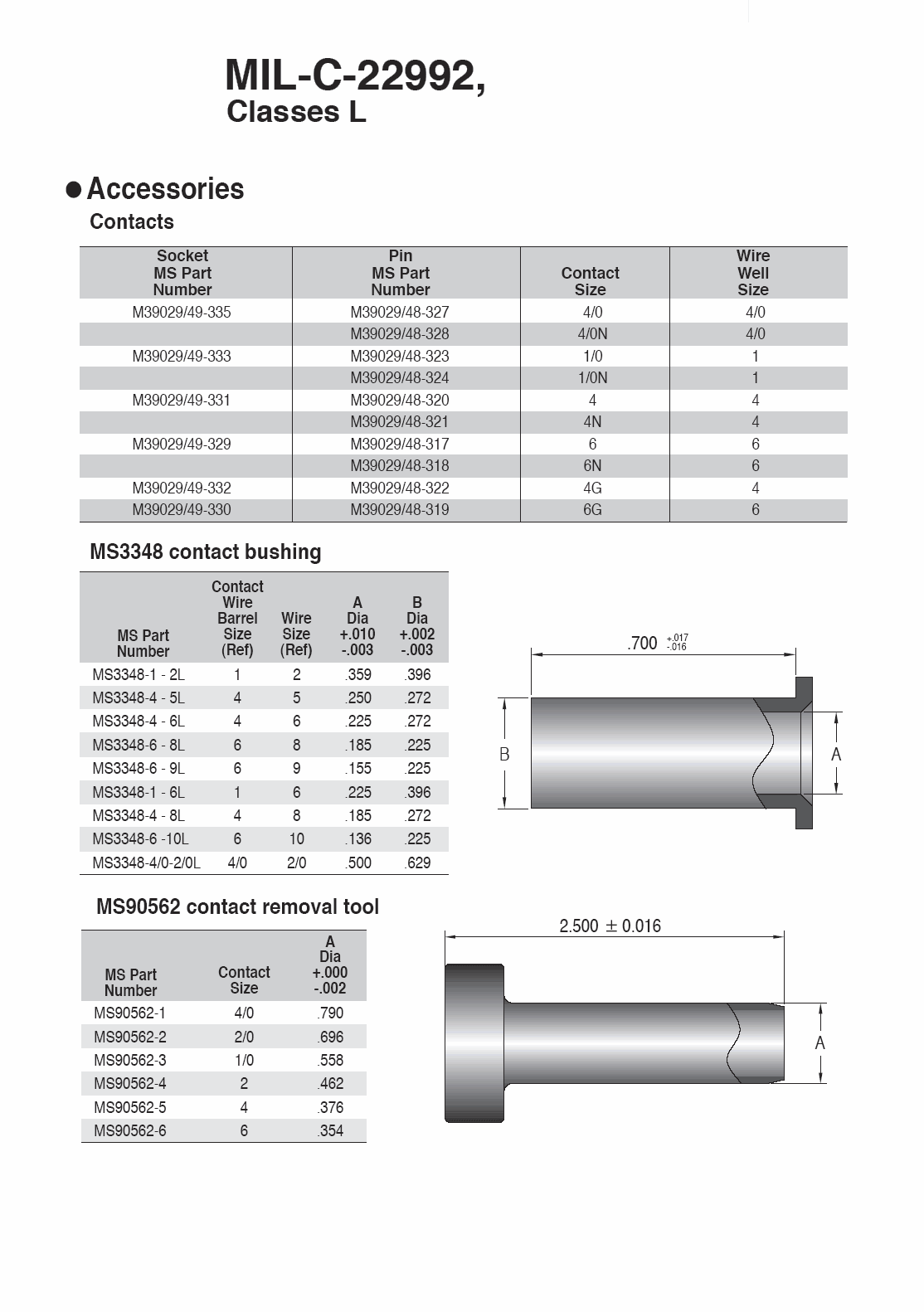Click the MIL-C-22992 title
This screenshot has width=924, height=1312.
[x=354, y=77]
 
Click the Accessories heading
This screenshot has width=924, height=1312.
[x=165, y=189]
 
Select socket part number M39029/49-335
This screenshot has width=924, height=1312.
[x=182, y=313]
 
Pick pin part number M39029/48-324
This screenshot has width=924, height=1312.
[x=400, y=378]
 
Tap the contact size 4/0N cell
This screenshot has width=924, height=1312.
[x=592, y=334]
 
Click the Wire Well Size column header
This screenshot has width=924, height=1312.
[x=753, y=273]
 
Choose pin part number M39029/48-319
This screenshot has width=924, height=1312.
[x=400, y=510]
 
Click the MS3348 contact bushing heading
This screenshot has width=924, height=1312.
[x=205, y=552]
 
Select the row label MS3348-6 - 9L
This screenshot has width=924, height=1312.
[x=139, y=769]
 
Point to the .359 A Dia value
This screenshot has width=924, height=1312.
[x=358, y=675]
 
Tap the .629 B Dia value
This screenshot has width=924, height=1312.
[x=417, y=863]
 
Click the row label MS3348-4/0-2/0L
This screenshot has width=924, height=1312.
[x=146, y=863]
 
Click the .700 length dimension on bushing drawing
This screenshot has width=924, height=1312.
[x=644, y=644]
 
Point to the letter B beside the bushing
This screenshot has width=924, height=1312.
[x=504, y=755]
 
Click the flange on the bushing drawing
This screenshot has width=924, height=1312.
[x=804, y=752]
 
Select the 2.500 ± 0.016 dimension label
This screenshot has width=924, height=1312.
[x=610, y=926]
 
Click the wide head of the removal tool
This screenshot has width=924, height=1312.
[x=474, y=1042]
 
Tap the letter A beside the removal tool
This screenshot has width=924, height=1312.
[x=820, y=1043]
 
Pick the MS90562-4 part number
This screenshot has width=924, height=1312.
[x=129, y=1084]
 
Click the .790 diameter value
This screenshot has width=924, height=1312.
[x=330, y=1013]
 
